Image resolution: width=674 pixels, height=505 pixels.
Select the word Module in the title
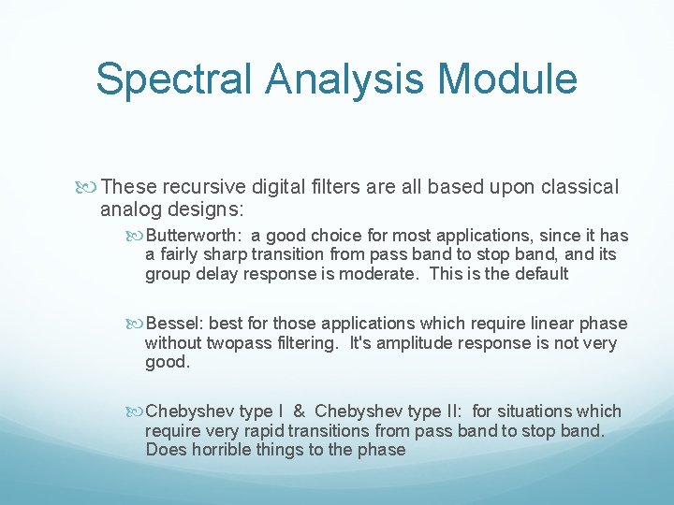pos(517,79)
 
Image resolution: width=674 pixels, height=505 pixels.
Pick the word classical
pos(575,187)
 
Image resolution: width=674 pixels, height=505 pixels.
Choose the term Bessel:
pos(175,324)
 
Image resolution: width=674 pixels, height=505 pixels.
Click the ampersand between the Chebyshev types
pos(299,411)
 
